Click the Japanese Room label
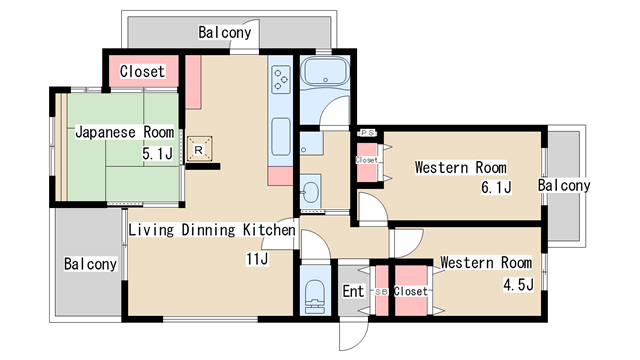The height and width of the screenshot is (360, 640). point(124,132)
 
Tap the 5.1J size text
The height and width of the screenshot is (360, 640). point(158,153)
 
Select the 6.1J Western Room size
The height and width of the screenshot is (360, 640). point(496,187)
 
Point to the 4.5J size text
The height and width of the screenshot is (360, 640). point(518,284)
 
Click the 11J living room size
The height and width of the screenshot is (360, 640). point(257,259)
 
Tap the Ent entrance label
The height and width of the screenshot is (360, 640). point(353,291)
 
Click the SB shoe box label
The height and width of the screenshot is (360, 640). point(381,292)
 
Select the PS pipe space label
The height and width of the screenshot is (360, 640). point(367,133)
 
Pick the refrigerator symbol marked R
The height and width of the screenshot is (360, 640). point(199,149)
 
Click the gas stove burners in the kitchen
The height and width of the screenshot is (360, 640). point(281,79)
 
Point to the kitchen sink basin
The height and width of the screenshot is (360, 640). point(281,137)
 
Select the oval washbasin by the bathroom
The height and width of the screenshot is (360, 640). point(311,193)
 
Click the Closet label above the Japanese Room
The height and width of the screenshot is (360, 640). point(142,71)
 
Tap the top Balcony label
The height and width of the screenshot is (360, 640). point(224,32)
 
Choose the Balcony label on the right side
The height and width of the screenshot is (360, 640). point(564,185)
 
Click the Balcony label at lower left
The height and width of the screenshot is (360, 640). point(91,264)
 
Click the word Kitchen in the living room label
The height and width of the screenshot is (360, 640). point(269,230)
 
